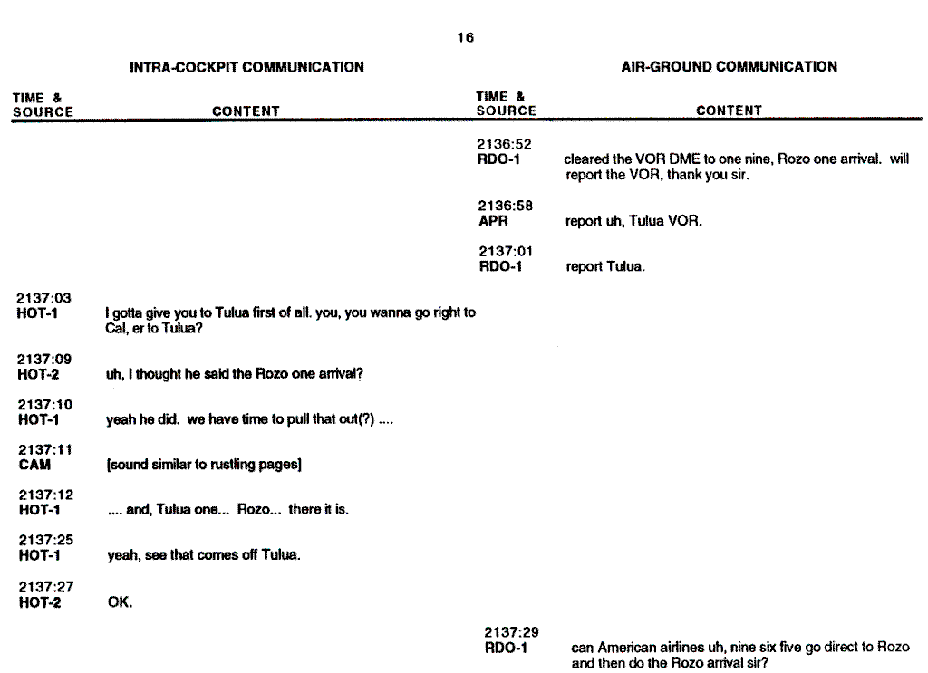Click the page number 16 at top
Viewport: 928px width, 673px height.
point(465,38)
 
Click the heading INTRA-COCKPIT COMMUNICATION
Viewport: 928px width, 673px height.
point(246,67)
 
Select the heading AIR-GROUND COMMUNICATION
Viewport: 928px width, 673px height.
point(729,66)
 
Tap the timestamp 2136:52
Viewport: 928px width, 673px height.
point(504,144)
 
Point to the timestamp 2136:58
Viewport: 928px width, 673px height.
point(506,207)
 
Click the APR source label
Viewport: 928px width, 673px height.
point(493,221)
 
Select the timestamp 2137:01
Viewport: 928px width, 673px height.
point(506,252)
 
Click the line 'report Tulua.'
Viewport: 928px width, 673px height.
point(605,267)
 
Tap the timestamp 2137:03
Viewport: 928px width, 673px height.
point(44,298)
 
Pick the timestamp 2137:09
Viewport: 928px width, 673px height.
point(44,359)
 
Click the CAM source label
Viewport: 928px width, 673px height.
point(34,465)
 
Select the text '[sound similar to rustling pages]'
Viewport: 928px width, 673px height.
point(204,465)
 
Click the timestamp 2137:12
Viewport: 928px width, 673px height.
point(44,495)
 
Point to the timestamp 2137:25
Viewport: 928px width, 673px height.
point(44,541)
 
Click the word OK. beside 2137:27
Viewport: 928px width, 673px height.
point(120,601)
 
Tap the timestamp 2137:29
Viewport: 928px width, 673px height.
point(511,632)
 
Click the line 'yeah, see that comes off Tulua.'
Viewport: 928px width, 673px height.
point(203,555)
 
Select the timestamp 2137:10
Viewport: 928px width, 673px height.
point(44,405)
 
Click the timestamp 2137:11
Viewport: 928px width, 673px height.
point(44,450)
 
